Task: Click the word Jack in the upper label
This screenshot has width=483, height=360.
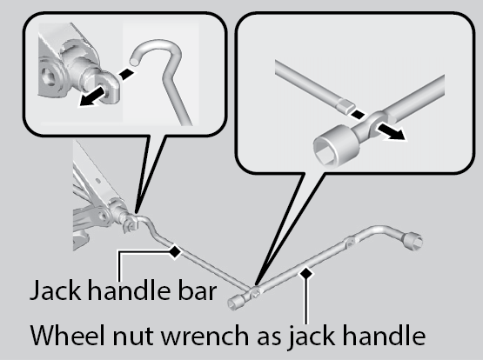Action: point(56,291)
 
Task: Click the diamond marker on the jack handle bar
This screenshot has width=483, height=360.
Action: point(175,251)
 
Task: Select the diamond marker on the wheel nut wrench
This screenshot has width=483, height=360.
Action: point(306,273)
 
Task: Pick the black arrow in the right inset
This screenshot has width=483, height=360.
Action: point(392,130)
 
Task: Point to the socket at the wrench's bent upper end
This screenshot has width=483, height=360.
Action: point(413,241)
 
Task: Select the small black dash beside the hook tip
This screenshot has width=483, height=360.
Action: point(126,74)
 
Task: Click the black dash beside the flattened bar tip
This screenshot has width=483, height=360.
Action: point(358,115)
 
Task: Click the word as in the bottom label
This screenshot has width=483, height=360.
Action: point(269,337)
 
